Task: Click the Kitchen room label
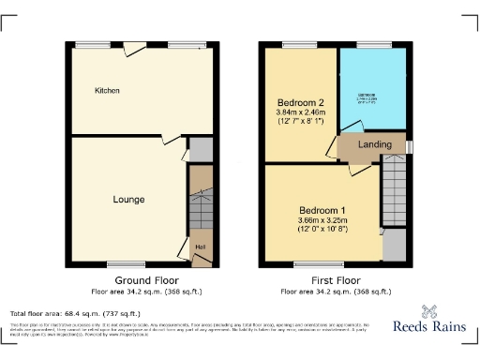(x=108, y=90)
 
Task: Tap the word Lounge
(x=128, y=200)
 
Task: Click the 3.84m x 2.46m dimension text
(x=300, y=114)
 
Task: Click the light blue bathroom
(x=371, y=90)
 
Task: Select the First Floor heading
(x=335, y=280)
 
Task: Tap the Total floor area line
(x=75, y=313)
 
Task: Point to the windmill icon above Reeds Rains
(x=432, y=311)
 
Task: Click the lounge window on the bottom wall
(x=119, y=263)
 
